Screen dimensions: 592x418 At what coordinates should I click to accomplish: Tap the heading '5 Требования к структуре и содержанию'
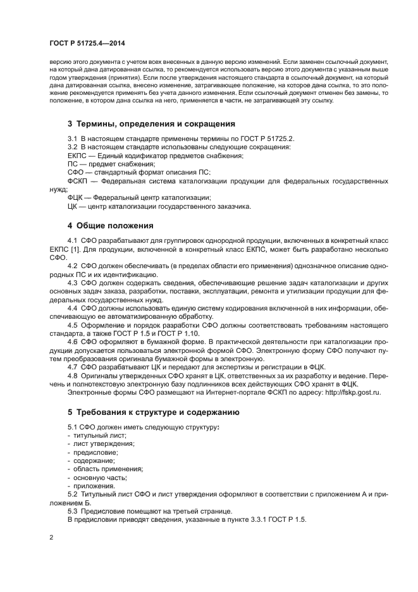[x=153, y=412]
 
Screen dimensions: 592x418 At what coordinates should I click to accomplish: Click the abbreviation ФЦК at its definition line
[x=76, y=197]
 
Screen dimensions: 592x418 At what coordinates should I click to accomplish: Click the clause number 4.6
[x=73, y=342]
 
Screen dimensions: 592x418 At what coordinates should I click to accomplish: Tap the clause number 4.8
[x=73, y=375]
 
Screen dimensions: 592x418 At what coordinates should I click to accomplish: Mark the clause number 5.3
[x=73, y=510]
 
